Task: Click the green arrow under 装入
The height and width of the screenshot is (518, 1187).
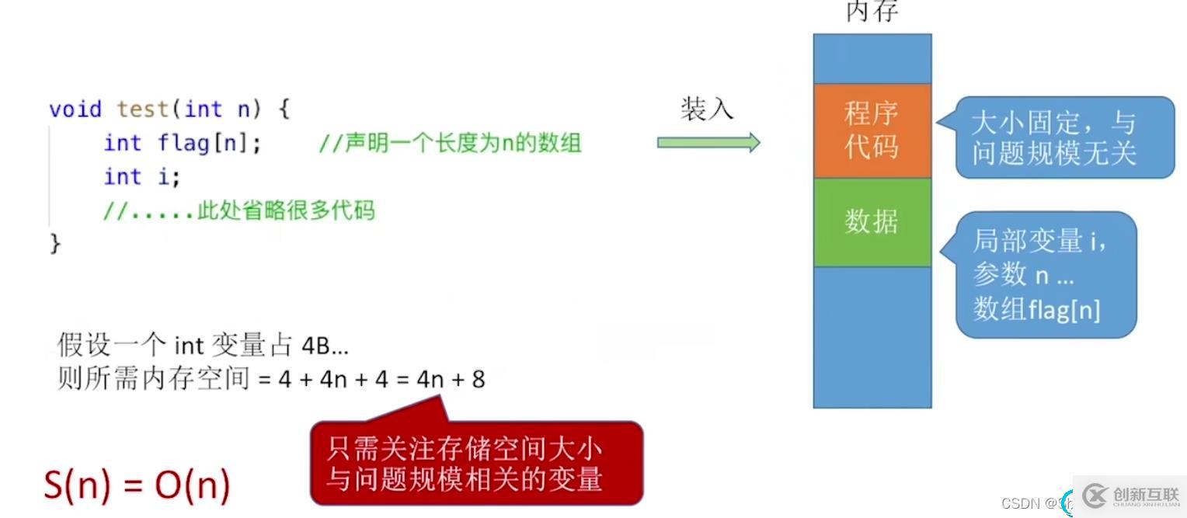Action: point(708,142)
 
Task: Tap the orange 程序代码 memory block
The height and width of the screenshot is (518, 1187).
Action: point(872,130)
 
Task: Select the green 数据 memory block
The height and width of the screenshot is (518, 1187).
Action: point(872,222)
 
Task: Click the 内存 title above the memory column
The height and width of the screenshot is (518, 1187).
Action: point(872,11)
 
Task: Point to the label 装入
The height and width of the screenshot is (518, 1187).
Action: point(707,109)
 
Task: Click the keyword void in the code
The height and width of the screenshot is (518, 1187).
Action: point(75,109)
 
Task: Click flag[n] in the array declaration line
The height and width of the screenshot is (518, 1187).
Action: point(210,144)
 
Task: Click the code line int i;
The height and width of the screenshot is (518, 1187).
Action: point(142,177)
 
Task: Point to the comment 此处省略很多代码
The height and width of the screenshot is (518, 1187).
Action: point(284,210)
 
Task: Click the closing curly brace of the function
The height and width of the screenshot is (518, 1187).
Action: point(55,244)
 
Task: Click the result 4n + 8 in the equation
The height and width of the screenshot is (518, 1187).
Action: point(451,380)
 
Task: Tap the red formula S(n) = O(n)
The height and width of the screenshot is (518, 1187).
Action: point(137,485)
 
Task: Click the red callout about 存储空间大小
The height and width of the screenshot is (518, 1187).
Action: point(475,464)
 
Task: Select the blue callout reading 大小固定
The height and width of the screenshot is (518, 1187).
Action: point(1064,137)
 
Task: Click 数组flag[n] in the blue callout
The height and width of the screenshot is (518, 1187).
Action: point(1036,310)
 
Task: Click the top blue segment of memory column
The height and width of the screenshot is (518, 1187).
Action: point(872,58)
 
